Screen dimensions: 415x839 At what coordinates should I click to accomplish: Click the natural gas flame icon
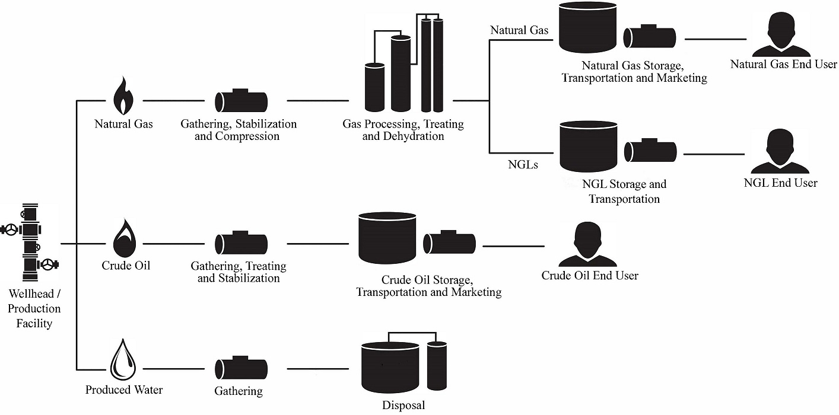point(123,96)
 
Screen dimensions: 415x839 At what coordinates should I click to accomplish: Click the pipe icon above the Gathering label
point(240,369)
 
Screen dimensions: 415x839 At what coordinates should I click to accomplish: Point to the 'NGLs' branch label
point(523,165)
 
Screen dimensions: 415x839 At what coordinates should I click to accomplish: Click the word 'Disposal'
point(403,406)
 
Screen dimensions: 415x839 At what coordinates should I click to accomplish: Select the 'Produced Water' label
point(123,390)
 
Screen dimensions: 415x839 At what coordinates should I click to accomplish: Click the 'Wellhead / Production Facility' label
point(34,308)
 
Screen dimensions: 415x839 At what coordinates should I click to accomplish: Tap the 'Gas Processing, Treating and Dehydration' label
point(403,130)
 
